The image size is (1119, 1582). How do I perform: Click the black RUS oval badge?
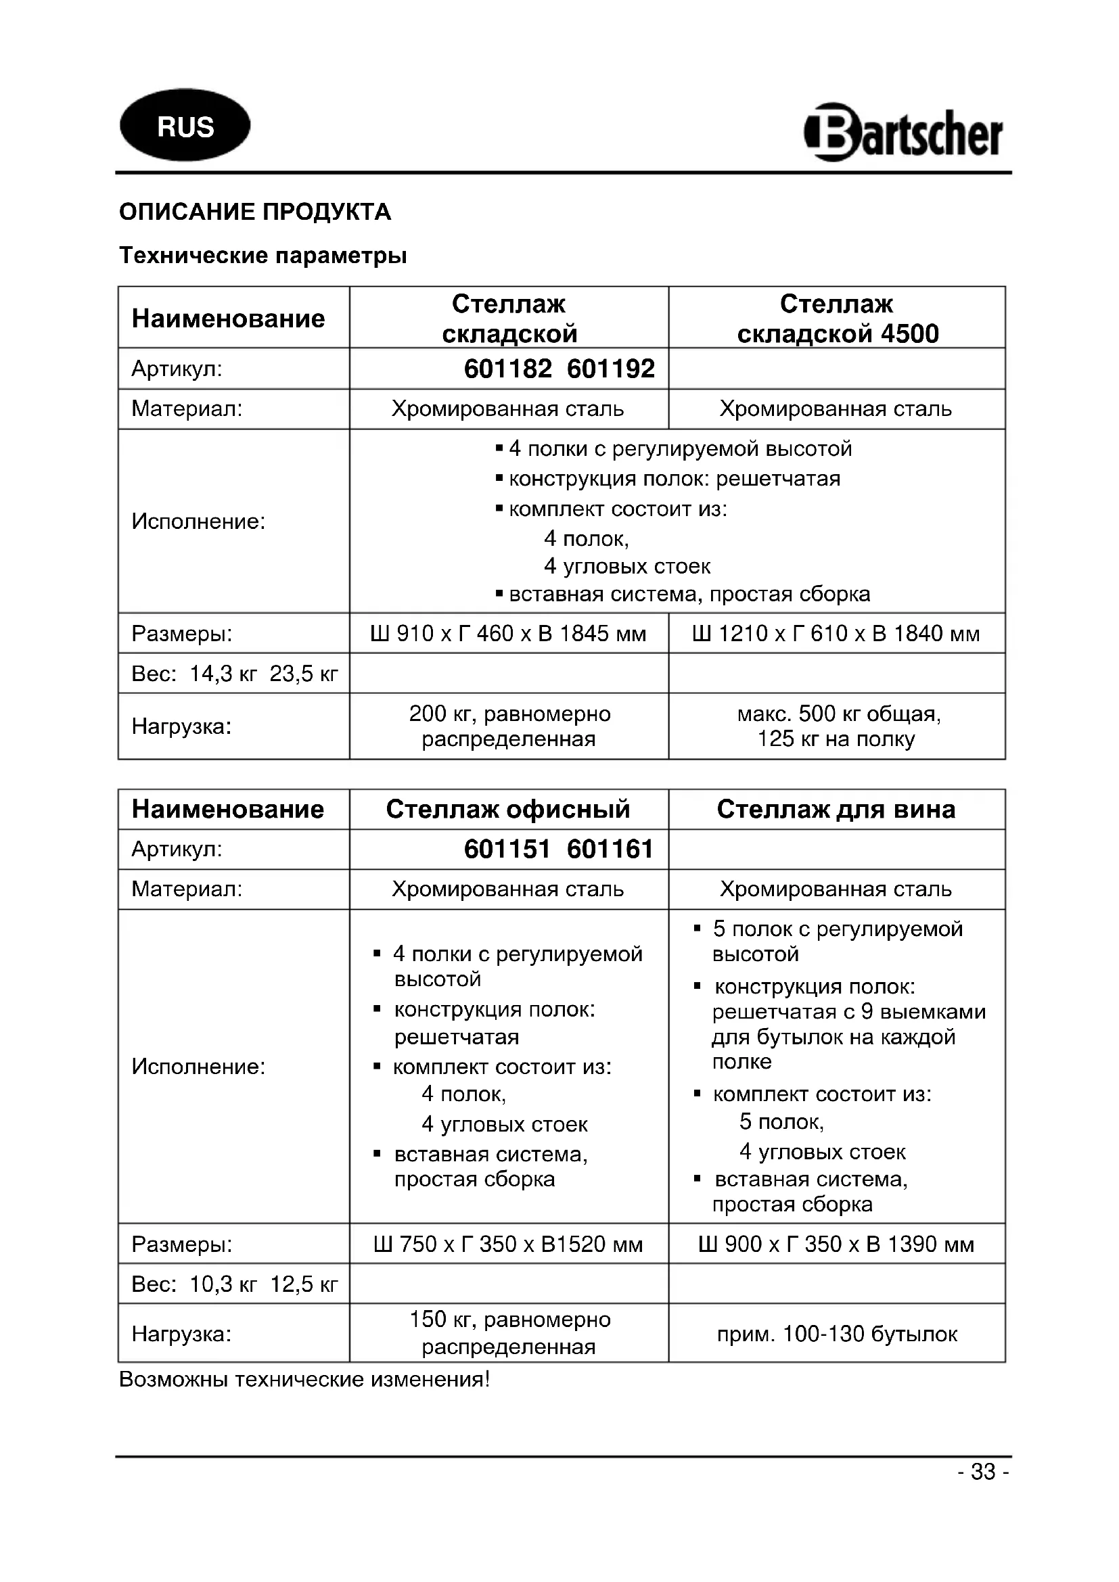coord(185,125)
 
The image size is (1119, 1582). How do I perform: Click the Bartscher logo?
coord(903,133)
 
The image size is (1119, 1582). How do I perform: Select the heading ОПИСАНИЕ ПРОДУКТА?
coord(255,212)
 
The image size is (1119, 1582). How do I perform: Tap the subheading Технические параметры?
coord(262,256)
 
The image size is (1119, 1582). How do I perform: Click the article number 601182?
coord(507,369)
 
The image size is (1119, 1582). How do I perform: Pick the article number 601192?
coord(611,369)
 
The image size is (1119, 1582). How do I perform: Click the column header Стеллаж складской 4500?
coord(836,319)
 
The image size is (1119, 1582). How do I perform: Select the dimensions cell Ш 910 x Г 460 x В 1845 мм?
coord(509,634)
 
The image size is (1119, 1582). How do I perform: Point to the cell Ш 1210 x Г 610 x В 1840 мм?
coord(836,634)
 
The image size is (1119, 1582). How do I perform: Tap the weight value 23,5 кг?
coord(304,674)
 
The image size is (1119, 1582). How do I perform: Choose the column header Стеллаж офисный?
coord(508,810)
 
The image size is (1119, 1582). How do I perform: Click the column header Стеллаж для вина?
coord(836,810)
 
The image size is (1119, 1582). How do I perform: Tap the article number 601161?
coord(610,850)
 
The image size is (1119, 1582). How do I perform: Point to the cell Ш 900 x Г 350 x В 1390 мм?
coord(836,1244)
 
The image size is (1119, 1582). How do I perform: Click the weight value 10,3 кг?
coord(223,1284)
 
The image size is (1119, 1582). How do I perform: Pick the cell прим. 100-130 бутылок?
coord(836,1334)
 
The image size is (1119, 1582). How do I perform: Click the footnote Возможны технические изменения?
coord(304,1379)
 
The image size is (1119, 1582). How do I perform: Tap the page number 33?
coord(983,1472)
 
